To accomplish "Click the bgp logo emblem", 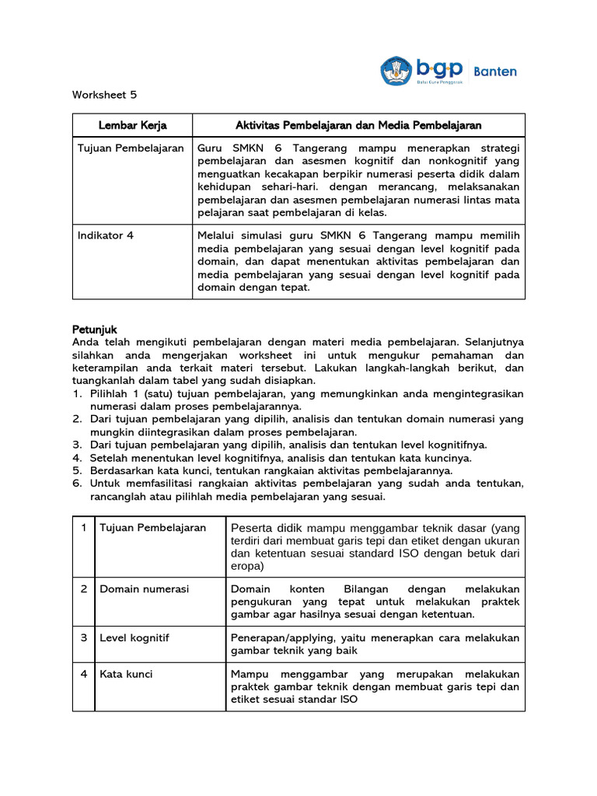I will pos(396,71).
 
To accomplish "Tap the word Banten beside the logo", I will pos(495,71).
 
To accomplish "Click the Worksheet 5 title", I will pos(104,95).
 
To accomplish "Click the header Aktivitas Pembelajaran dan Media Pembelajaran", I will pos(358,125).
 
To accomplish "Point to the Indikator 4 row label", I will pos(105,236).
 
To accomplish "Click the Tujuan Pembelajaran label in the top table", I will pos(130,148).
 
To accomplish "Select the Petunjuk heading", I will pos(94,330).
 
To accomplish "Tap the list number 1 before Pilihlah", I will pos(78,394).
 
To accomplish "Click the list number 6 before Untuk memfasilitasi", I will pos(78,484).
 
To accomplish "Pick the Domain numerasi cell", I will pos(144,589).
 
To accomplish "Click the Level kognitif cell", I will pos(134,638).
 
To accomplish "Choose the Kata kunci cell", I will pos(126,674).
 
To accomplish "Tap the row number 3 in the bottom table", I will pos(83,638).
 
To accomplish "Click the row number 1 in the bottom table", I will pos(83,528).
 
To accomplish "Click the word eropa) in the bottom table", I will pos(247,566).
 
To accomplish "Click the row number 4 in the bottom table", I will pos(83,674).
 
